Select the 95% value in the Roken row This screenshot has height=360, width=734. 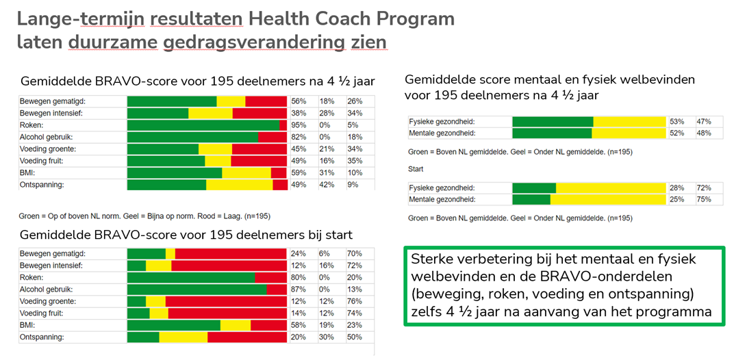[x=299, y=125]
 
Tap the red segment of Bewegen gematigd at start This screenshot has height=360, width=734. [x=231, y=253]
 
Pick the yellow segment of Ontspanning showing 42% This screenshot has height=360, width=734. [x=239, y=185]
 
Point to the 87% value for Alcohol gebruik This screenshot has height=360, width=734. [x=299, y=289]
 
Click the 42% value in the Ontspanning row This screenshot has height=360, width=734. [x=327, y=185]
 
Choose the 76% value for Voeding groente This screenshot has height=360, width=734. [x=355, y=301]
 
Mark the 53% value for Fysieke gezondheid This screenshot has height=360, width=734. [x=677, y=121]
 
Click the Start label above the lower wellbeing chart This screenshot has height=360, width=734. [x=416, y=168]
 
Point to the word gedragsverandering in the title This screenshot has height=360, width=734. [x=254, y=42]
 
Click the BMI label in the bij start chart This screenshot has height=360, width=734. [x=31, y=325]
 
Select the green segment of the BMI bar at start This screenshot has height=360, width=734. [x=173, y=325]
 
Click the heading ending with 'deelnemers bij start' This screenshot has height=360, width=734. [x=187, y=235]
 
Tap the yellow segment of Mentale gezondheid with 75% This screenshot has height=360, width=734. [x=608, y=199]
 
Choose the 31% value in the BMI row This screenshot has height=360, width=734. [x=327, y=173]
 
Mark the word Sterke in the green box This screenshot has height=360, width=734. [x=435, y=260]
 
